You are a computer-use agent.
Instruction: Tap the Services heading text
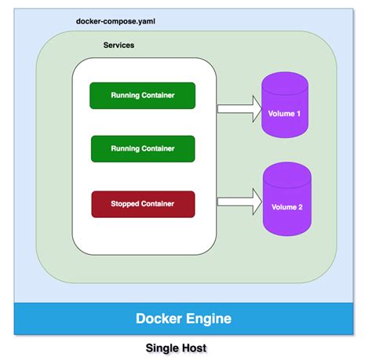click(x=119, y=45)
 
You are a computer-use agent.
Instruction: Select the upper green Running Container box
click(x=143, y=96)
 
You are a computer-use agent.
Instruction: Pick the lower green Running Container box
click(x=143, y=148)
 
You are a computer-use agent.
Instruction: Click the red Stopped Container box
click(x=143, y=204)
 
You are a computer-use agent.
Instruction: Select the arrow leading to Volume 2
click(x=238, y=201)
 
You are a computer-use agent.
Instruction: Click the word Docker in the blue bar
click(x=161, y=318)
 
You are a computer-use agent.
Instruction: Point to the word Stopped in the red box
click(x=124, y=204)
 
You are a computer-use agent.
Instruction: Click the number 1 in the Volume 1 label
click(x=297, y=115)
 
